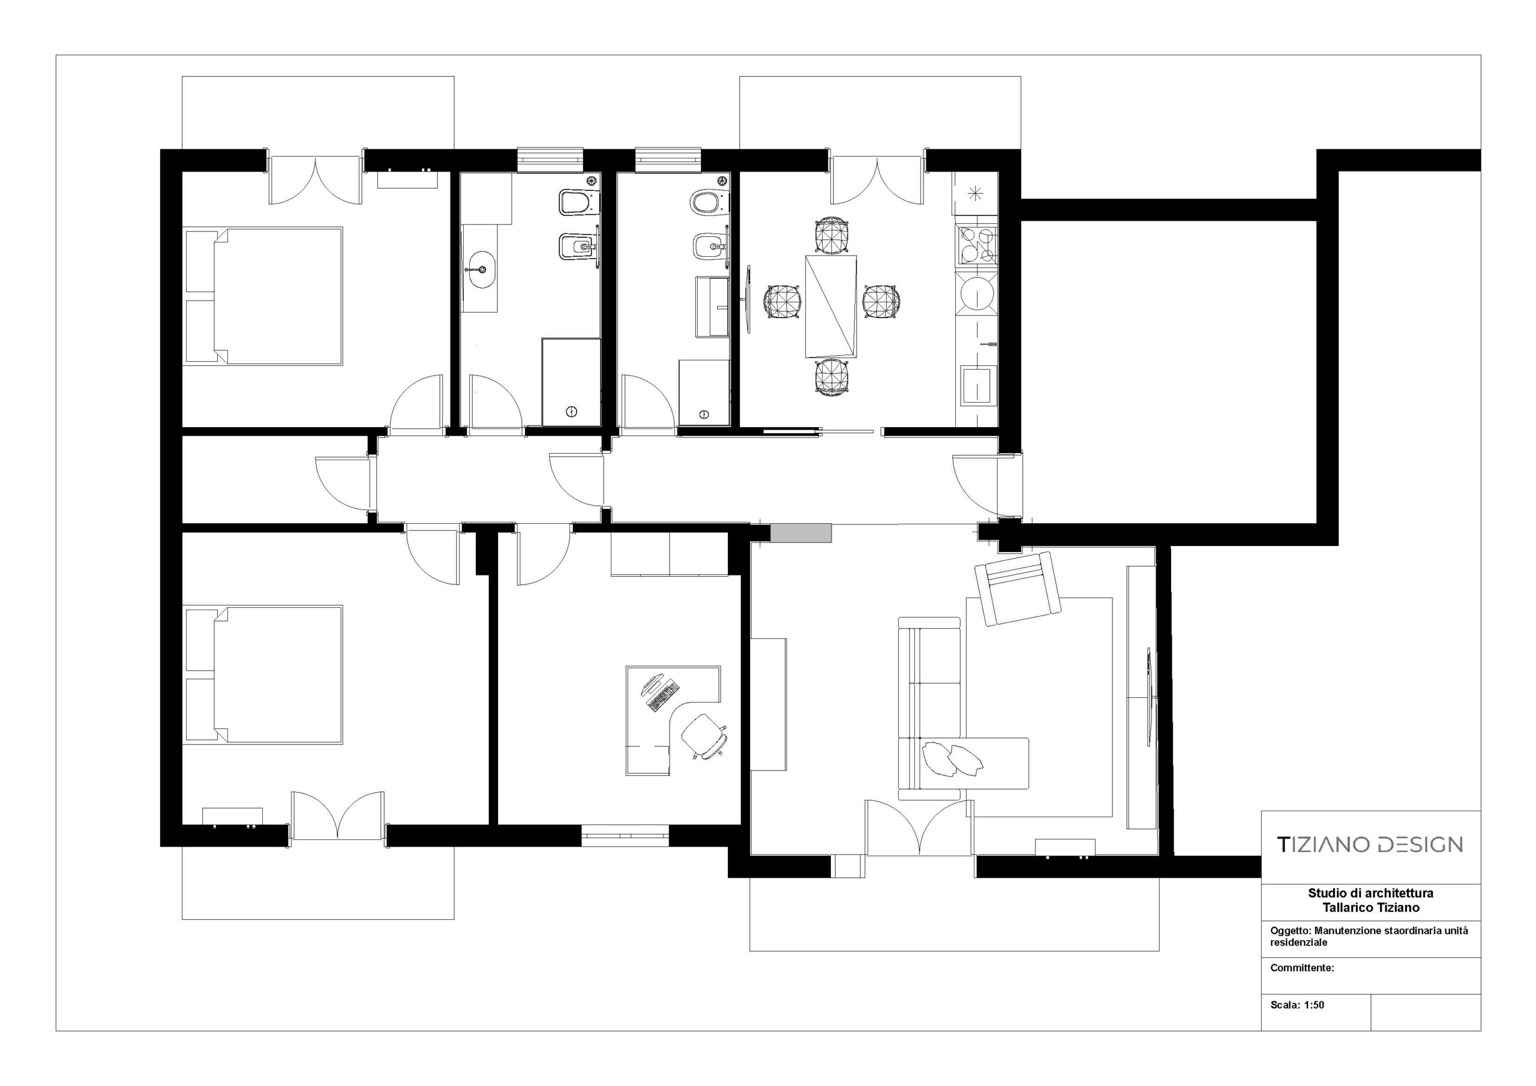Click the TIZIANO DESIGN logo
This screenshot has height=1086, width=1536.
pyautogui.click(x=1370, y=844)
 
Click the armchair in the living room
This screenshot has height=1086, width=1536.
pyautogui.click(x=1018, y=589)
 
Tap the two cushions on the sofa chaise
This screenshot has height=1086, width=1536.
pyautogui.click(x=952, y=759)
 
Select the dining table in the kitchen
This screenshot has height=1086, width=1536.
pyautogui.click(x=832, y=306)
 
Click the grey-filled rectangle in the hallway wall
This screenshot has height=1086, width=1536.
pyautogui.click(x=801, y=533)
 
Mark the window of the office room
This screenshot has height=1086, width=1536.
pyautogui.click(x=625, y=836)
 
